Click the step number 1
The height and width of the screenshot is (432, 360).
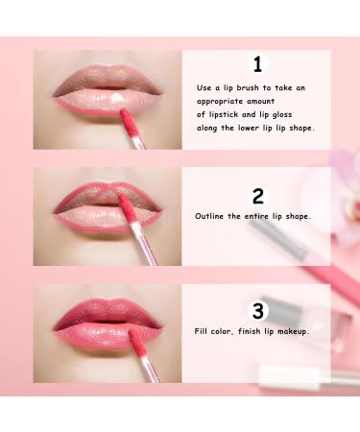click(x=257, y=64)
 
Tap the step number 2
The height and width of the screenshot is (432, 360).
click(x=258, y=196)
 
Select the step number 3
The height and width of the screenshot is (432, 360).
click(x=258, y=311)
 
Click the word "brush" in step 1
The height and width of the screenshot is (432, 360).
click(x=249, y=87)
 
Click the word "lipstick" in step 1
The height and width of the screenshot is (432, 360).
click(x=223, y=115)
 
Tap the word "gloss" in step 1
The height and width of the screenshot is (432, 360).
click(x=282, y=115)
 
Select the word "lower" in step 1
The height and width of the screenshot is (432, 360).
click(x=249, y=128)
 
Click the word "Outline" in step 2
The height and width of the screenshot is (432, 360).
click(x=209, y=216)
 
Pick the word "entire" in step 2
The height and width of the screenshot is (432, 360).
click(x=257, y=216)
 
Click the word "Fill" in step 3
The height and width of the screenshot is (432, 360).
click(x=201, y=331)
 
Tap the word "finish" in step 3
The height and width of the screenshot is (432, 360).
click(x=250, y=331)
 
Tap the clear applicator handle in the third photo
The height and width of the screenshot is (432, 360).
click(x=150, y=369)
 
